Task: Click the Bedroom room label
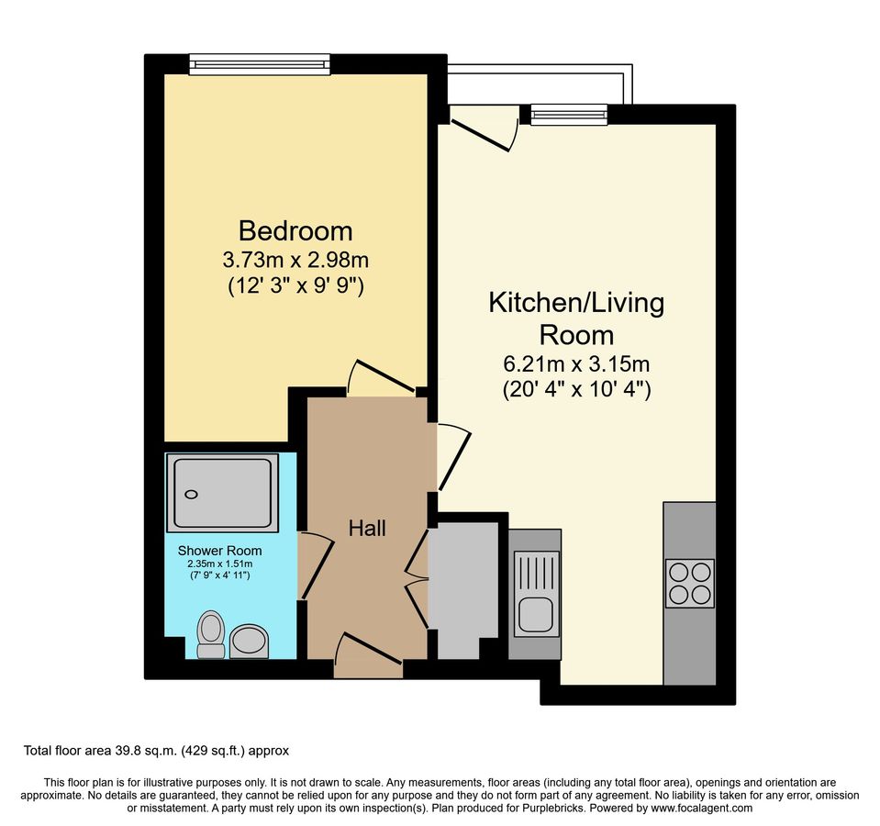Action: [x=295, y=230]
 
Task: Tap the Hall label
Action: [x=367, y=528]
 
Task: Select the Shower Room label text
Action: [x=219, y=551]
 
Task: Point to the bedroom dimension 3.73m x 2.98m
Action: [x=295, y=261]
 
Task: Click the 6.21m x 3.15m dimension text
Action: [x=576, y=364]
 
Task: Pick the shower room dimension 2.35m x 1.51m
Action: [x=220, y=564]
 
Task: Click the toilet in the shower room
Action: [x=211, y=635]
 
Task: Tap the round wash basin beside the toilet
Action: [x=250, y=641]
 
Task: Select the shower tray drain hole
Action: [x=192, y=495]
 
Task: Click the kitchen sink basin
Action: [x=536, y=613]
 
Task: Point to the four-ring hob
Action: [x=690, y=584]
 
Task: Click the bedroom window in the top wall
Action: [x=260, y=64]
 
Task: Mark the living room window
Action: [x=569, y=115]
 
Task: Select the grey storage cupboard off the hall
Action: [x=463, y=589]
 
